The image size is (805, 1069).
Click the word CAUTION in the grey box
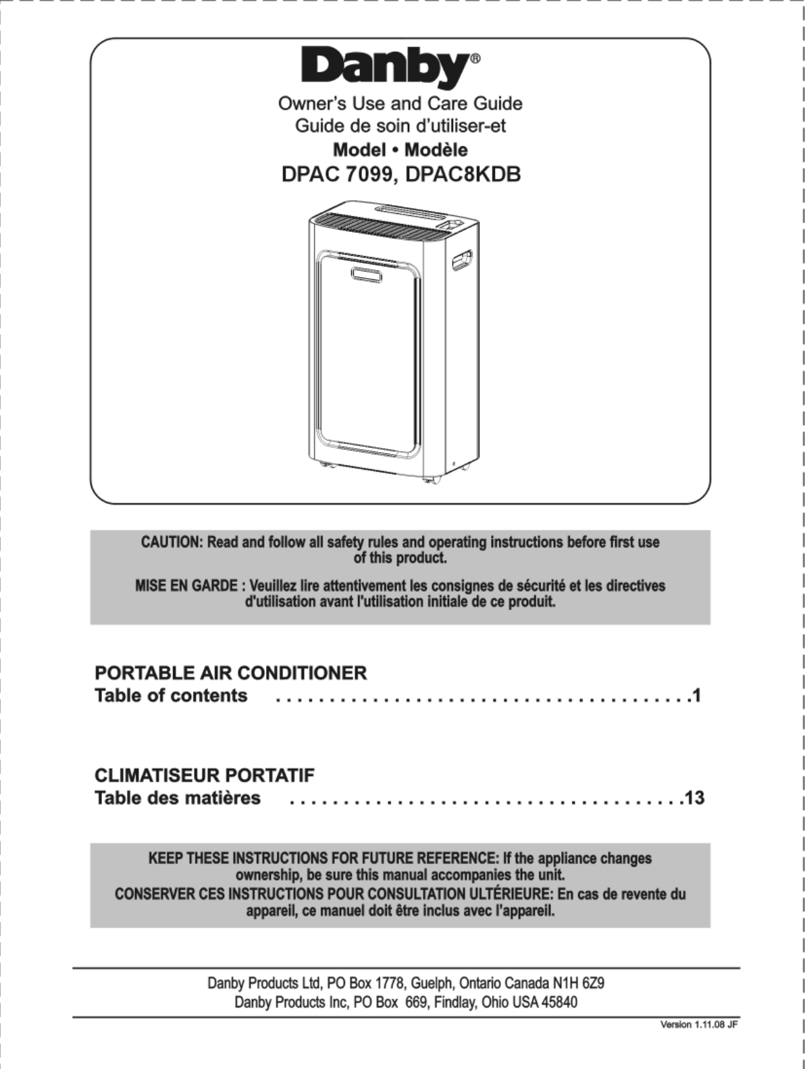171,543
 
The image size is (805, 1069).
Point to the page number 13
694,798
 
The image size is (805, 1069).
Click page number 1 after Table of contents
696,695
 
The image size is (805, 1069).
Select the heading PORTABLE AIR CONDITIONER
231,673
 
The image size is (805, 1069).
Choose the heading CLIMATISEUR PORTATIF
205,775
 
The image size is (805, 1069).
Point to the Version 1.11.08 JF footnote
698,1024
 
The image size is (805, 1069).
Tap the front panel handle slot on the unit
365,273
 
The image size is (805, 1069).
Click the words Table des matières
178,798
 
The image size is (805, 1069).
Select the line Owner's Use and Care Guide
400,103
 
